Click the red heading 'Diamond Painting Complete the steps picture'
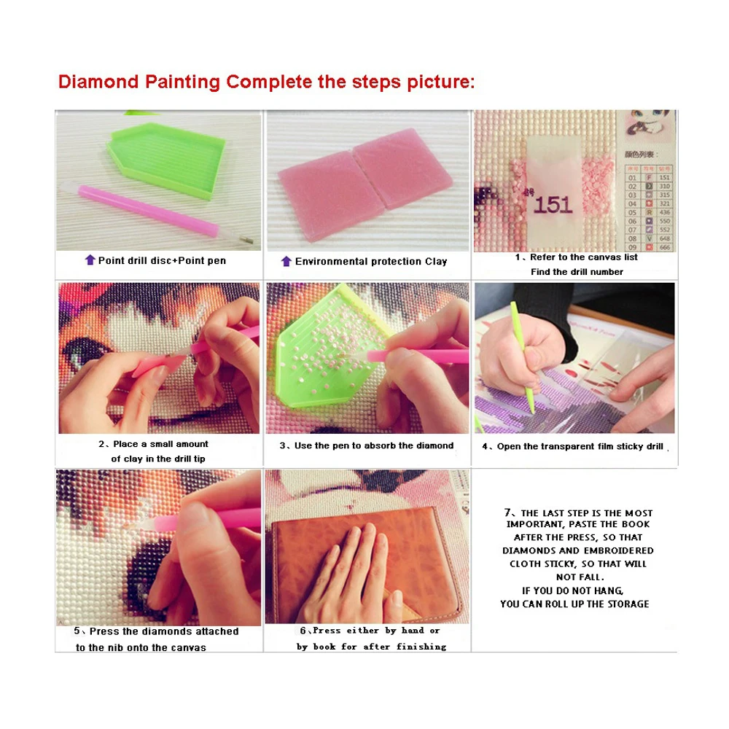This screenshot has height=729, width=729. click(266, 81)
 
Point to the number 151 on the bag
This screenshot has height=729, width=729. click(553, 204)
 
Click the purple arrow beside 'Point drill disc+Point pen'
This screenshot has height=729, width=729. click(90, 260)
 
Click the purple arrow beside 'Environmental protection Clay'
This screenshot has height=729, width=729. click(286, 261)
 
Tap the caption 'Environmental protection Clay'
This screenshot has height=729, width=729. click(371, 261)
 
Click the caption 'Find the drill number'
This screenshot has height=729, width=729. click(576, 271)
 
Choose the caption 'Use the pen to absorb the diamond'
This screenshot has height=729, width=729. click(367, 445)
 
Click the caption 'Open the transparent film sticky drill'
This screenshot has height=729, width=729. click(576, 446)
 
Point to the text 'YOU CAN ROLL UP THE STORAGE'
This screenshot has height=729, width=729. click(574, 604)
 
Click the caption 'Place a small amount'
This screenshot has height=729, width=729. click(153, 444)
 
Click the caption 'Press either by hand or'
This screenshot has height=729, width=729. click(370, 631)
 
